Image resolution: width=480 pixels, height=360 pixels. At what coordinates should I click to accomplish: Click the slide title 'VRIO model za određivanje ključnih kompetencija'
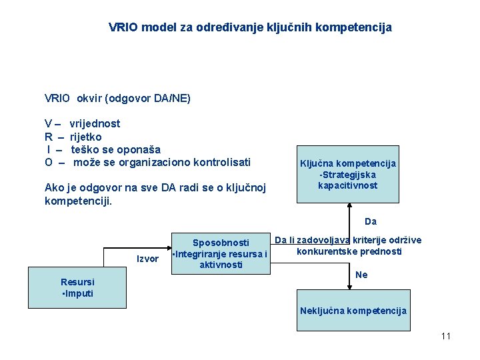(x=250, y=28)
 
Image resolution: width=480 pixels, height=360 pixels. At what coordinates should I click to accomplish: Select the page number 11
(x=445, y=336)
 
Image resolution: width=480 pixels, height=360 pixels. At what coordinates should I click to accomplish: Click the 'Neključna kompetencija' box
(x=353, y=311)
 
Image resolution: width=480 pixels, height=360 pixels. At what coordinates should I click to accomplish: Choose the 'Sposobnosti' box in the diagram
(x=220, y=253)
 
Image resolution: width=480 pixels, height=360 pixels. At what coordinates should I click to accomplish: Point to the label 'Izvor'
(x=147, y=259)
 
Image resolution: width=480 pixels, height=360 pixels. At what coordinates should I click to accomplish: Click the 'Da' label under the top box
(x=371, y=221)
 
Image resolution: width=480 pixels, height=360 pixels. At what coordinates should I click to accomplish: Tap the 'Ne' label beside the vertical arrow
(x=361, y=275)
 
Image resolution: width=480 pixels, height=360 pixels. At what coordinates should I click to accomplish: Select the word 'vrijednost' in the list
(x=95, y=123)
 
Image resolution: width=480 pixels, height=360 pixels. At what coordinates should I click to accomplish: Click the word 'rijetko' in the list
(x=86, y=137)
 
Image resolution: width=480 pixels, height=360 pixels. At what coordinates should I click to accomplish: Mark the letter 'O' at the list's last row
(x=49, y=162)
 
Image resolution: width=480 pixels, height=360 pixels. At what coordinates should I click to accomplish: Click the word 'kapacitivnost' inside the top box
(x=347, y=185)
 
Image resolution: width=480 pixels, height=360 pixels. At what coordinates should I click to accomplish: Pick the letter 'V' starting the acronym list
(x=48, y=123)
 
